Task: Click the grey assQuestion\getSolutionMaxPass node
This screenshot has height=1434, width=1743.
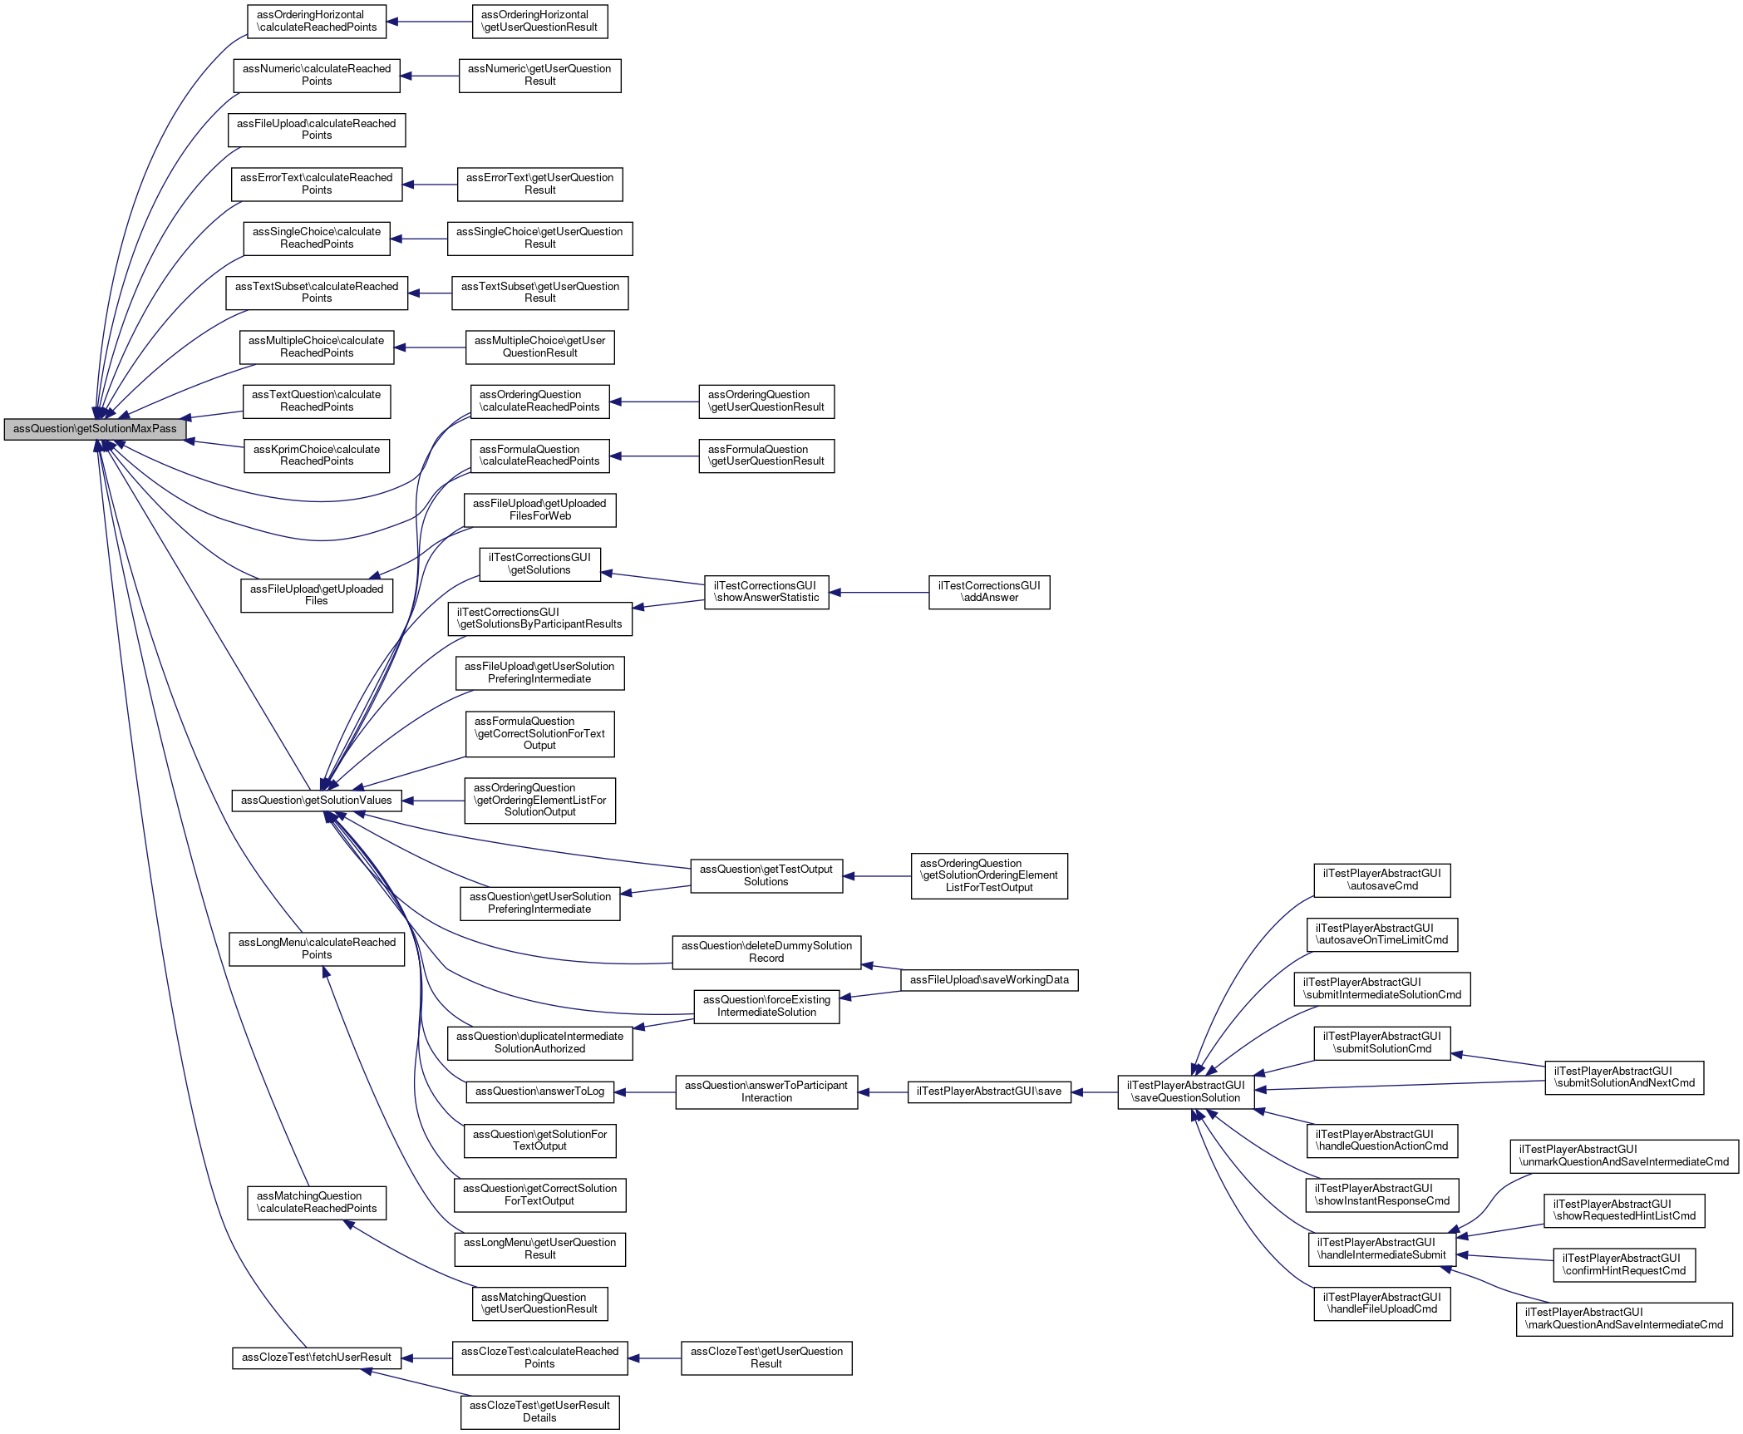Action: coord(95,429)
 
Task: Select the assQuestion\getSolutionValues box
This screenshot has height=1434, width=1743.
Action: coord(316,801)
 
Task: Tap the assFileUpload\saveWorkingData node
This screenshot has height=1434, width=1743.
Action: coord(989,980)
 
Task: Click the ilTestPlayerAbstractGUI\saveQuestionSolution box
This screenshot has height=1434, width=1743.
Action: coord(1185,1092)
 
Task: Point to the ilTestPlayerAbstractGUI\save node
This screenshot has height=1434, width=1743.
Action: coord(988,1092)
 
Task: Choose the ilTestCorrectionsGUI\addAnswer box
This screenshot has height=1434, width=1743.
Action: coord(989,592)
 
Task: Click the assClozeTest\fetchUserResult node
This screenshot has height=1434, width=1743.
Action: coord(316,1358)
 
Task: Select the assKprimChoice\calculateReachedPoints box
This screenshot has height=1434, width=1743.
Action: coord(316,456)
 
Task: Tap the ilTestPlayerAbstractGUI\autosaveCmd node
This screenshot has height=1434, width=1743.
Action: coord(1381,880)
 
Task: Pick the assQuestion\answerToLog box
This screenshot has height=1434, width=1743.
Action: coord(539,1092)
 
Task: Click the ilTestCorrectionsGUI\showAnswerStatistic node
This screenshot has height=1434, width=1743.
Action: coord(766,592)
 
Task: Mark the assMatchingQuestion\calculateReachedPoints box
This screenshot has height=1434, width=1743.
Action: coord(316,1202)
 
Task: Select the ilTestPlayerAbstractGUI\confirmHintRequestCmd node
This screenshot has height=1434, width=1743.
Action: coord(1623,1264)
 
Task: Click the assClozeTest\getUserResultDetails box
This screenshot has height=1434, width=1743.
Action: coord(539,1412)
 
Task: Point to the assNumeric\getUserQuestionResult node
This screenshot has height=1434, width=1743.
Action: coord(539,75)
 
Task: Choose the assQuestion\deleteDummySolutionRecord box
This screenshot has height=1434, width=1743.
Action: coord(766,952)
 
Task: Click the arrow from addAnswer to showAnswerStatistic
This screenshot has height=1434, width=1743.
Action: coord(879,592)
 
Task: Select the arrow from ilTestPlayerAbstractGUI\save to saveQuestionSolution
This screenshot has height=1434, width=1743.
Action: coord(1095,1092)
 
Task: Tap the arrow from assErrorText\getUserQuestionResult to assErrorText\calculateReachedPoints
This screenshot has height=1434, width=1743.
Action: coord(430,185)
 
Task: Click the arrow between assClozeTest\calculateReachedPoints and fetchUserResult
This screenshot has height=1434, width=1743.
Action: coord(426,1358)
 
